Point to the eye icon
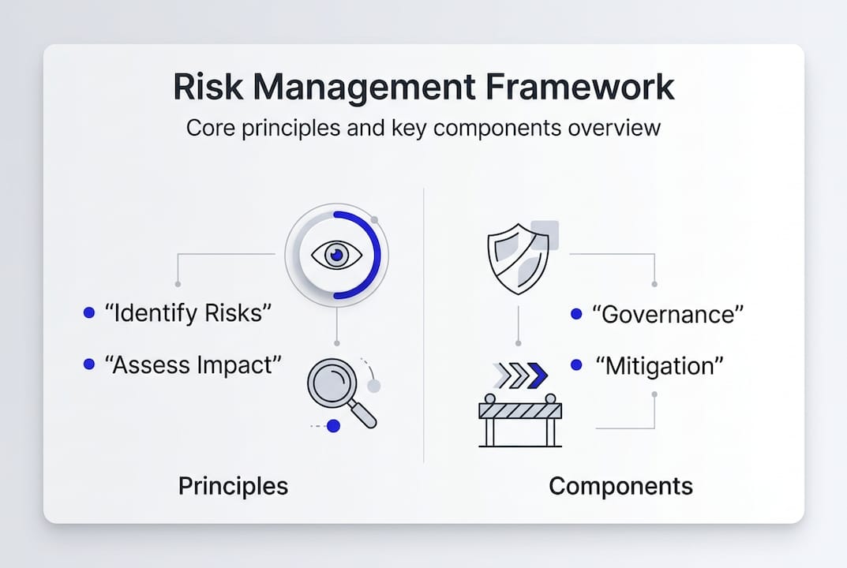(336, 255)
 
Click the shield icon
(518, 259)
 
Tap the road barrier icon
(520, 420)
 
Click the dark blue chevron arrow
(537, 376)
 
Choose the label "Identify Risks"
(187, 313)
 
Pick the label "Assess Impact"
(193, 365)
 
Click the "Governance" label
(668, 314)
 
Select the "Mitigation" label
(659, 366)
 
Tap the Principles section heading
(234, 487)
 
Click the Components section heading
(620, 487)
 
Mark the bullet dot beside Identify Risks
(89, 312)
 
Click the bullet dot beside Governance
(576, 314)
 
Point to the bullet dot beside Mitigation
(576, 365)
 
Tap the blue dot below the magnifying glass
(334, 426)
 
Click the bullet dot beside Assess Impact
(89, 364)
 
